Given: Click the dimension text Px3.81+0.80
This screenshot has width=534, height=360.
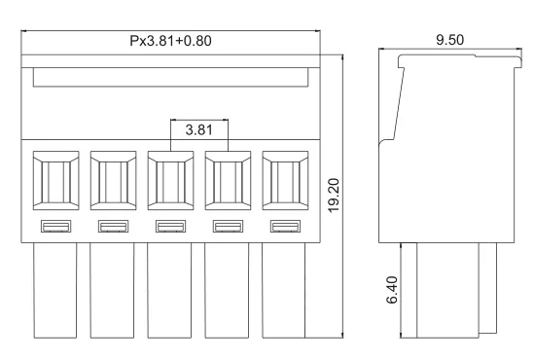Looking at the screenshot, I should coord(170,43).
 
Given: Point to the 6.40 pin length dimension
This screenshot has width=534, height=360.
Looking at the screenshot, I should coord(390,290).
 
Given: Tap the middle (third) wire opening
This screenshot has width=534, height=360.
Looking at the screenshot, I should coord(170,181).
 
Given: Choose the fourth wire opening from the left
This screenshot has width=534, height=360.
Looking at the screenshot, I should coord(228,181).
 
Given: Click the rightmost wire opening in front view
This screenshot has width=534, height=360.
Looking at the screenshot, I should coord(285,181).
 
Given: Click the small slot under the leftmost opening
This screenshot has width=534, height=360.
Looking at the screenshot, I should coord(55,228).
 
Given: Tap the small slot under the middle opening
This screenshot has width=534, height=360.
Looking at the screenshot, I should coord(170,228).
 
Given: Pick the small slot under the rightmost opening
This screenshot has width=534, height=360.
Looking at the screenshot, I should coord(285,228).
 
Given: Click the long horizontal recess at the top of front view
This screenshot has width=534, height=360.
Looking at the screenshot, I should coord(170,77).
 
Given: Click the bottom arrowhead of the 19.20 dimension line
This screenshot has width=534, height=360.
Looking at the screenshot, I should coord(344,333).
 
